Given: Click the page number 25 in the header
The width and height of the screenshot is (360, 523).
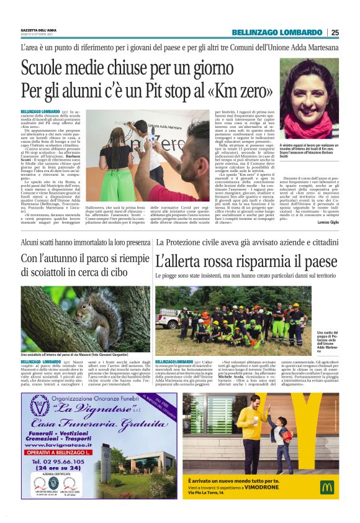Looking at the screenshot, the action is pos(335,32).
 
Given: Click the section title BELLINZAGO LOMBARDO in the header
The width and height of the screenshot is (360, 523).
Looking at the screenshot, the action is pos(277,32).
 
